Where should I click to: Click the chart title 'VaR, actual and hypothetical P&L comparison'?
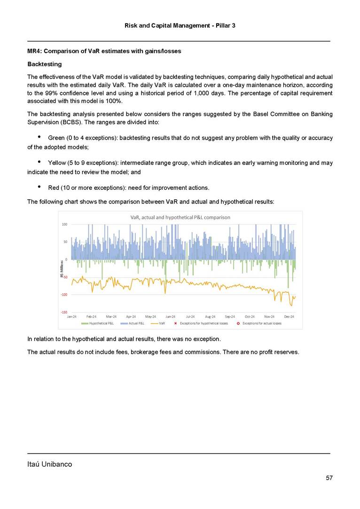(180, 217)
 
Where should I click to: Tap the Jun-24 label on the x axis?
(171, 317)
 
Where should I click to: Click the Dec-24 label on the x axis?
(289, 317)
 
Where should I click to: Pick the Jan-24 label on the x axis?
(72, 317)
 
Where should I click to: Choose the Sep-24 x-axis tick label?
(230, 317)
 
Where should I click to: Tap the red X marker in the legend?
(176, 323)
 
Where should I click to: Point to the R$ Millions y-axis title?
(62, 269)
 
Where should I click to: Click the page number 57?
(329, 478)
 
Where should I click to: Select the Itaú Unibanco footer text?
(49, 464)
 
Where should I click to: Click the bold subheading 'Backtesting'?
(44, 63)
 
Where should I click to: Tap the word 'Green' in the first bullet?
(57, 138)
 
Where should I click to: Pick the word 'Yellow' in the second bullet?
(58, 163)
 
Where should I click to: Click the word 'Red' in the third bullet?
(54, 188)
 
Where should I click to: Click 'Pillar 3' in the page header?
(225, 25)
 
